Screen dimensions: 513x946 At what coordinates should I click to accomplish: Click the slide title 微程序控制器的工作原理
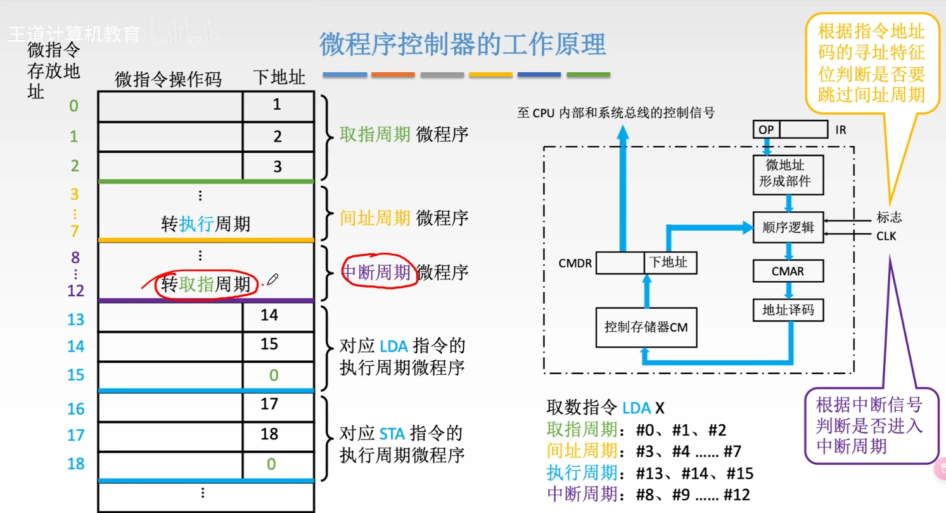463,44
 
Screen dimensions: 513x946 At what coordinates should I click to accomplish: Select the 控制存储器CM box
646,327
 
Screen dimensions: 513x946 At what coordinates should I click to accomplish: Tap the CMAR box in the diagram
788,271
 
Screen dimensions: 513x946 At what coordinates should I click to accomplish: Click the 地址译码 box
788,310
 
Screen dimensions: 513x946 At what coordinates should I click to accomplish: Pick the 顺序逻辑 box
788,227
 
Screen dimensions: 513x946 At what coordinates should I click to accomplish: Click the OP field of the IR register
766,129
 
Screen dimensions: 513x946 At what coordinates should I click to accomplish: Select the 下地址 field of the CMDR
670,262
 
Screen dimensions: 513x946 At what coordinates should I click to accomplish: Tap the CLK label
886,237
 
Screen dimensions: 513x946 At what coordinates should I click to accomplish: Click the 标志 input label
889,218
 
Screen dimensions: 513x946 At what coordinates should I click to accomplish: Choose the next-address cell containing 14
270,315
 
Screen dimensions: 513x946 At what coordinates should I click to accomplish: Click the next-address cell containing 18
270,434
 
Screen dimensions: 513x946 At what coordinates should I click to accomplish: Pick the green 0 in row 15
274,375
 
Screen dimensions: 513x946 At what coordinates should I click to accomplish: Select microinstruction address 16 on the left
76,409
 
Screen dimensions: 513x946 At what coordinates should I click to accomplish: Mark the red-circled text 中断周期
376,272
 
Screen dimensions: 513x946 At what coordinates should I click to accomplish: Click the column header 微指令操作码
169,79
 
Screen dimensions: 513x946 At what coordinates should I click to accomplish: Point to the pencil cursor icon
272,280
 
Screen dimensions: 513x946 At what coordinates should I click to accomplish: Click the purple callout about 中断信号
869,425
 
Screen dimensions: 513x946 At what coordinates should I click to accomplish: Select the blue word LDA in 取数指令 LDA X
636,407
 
